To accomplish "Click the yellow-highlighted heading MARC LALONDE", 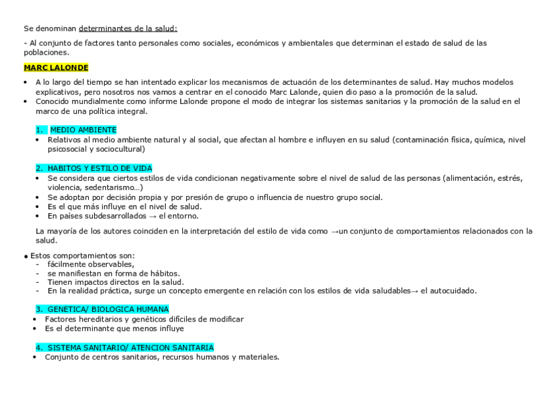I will click(x=55, y=67).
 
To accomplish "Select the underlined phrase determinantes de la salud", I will click(x=128, y=29).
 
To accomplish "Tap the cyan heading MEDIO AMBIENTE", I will click(x=83, y=130).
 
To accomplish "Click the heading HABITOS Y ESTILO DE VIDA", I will click(x=100, y=168).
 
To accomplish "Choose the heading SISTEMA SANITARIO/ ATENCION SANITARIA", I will click(x=130, y=347).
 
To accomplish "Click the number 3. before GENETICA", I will click(x=40, y=309).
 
